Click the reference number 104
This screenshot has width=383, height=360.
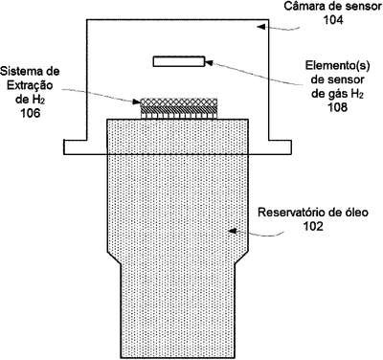click(333, 20)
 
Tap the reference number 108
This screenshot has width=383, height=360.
click(338, 107)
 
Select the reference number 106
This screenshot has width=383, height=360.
click(31, 113)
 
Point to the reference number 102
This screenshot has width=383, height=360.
click(313, 226)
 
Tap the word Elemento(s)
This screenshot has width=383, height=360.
click(338, 66)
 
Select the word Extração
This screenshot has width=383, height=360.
click(30, 86)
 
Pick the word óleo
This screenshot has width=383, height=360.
click(356, 213)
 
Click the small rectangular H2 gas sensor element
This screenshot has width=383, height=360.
click(179, 61)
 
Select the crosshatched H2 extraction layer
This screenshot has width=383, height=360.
click(179, 102)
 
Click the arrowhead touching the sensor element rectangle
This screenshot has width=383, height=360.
click(209, 62)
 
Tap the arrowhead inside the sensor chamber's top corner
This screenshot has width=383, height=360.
click(261, 27)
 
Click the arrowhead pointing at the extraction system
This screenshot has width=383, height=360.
click(137, 101)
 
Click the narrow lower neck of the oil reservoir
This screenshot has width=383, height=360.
click(178, 309)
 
